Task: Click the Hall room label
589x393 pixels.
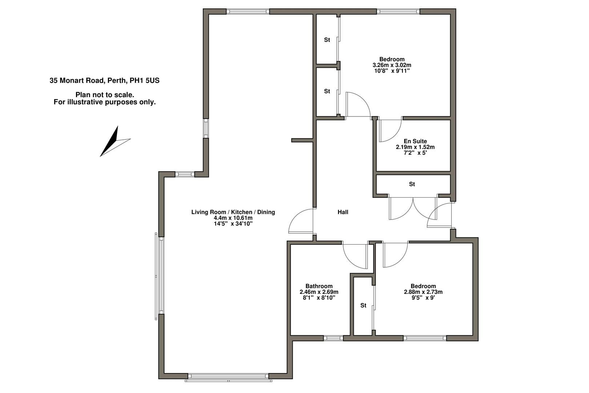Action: (x=343, y=212)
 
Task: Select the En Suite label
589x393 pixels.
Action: (x=415, y=141)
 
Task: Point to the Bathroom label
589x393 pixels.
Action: (x=319, y=286)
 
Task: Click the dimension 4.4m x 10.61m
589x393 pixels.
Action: (x=233, y=218)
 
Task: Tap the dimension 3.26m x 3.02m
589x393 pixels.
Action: (x=392, y=65)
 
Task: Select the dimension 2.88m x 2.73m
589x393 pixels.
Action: (x=423, y=292)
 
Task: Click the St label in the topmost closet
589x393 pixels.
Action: (x=327, y=40)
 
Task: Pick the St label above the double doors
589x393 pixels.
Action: (x=412, y=184)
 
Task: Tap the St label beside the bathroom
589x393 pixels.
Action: (x=363, y=305)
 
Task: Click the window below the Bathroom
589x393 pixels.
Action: (x=333, y=338)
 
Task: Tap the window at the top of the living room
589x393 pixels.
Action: (x=248, y=11)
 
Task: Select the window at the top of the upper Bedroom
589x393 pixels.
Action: (x=398, y=11)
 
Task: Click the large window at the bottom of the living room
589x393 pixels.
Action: (x=228, y=377)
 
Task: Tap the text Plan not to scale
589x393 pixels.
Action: (x=105, y=95)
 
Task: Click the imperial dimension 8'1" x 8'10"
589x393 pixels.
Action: (x=319, y=298)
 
